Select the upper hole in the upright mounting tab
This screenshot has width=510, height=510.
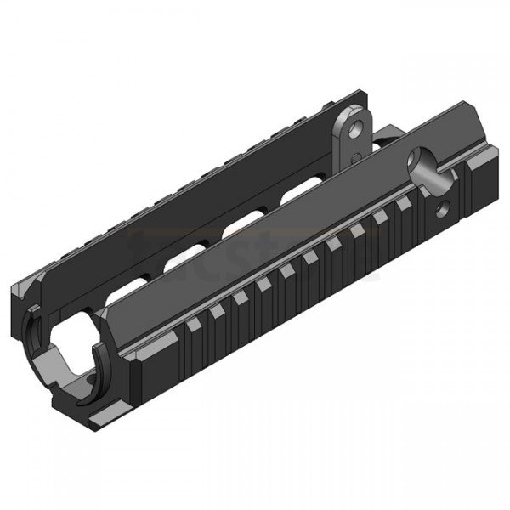pos(348,126)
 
